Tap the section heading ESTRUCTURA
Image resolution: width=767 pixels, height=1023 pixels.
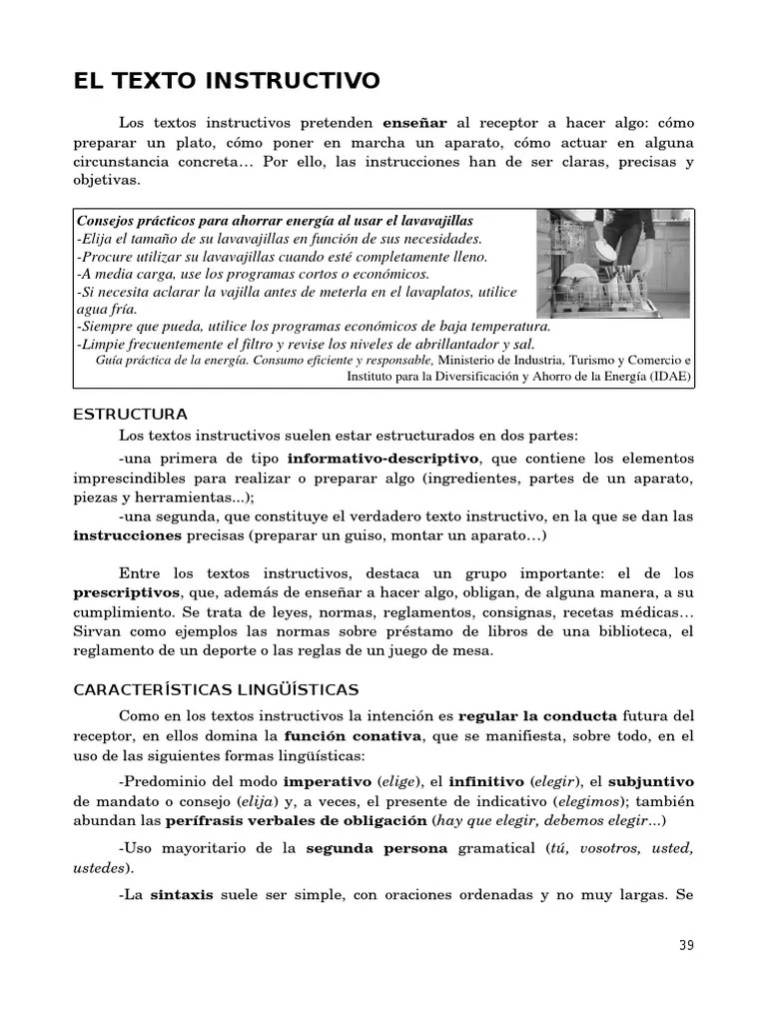pos(131,414)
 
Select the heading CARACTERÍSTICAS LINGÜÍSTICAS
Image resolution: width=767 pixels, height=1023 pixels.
pos(217,690)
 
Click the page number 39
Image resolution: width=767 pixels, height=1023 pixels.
pos(685,946)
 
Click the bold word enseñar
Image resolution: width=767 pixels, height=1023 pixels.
pos(414,123)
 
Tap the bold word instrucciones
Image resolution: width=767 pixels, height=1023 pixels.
pos(128,534)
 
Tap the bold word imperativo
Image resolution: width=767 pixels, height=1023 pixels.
pos(328,781)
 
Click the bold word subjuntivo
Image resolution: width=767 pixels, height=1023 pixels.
pos(650,781)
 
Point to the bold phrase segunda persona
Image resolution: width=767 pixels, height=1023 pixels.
pos(387,849)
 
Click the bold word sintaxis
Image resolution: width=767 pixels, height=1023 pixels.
pos(183,895)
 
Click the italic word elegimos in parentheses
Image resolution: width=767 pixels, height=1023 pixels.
pos(568,801)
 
